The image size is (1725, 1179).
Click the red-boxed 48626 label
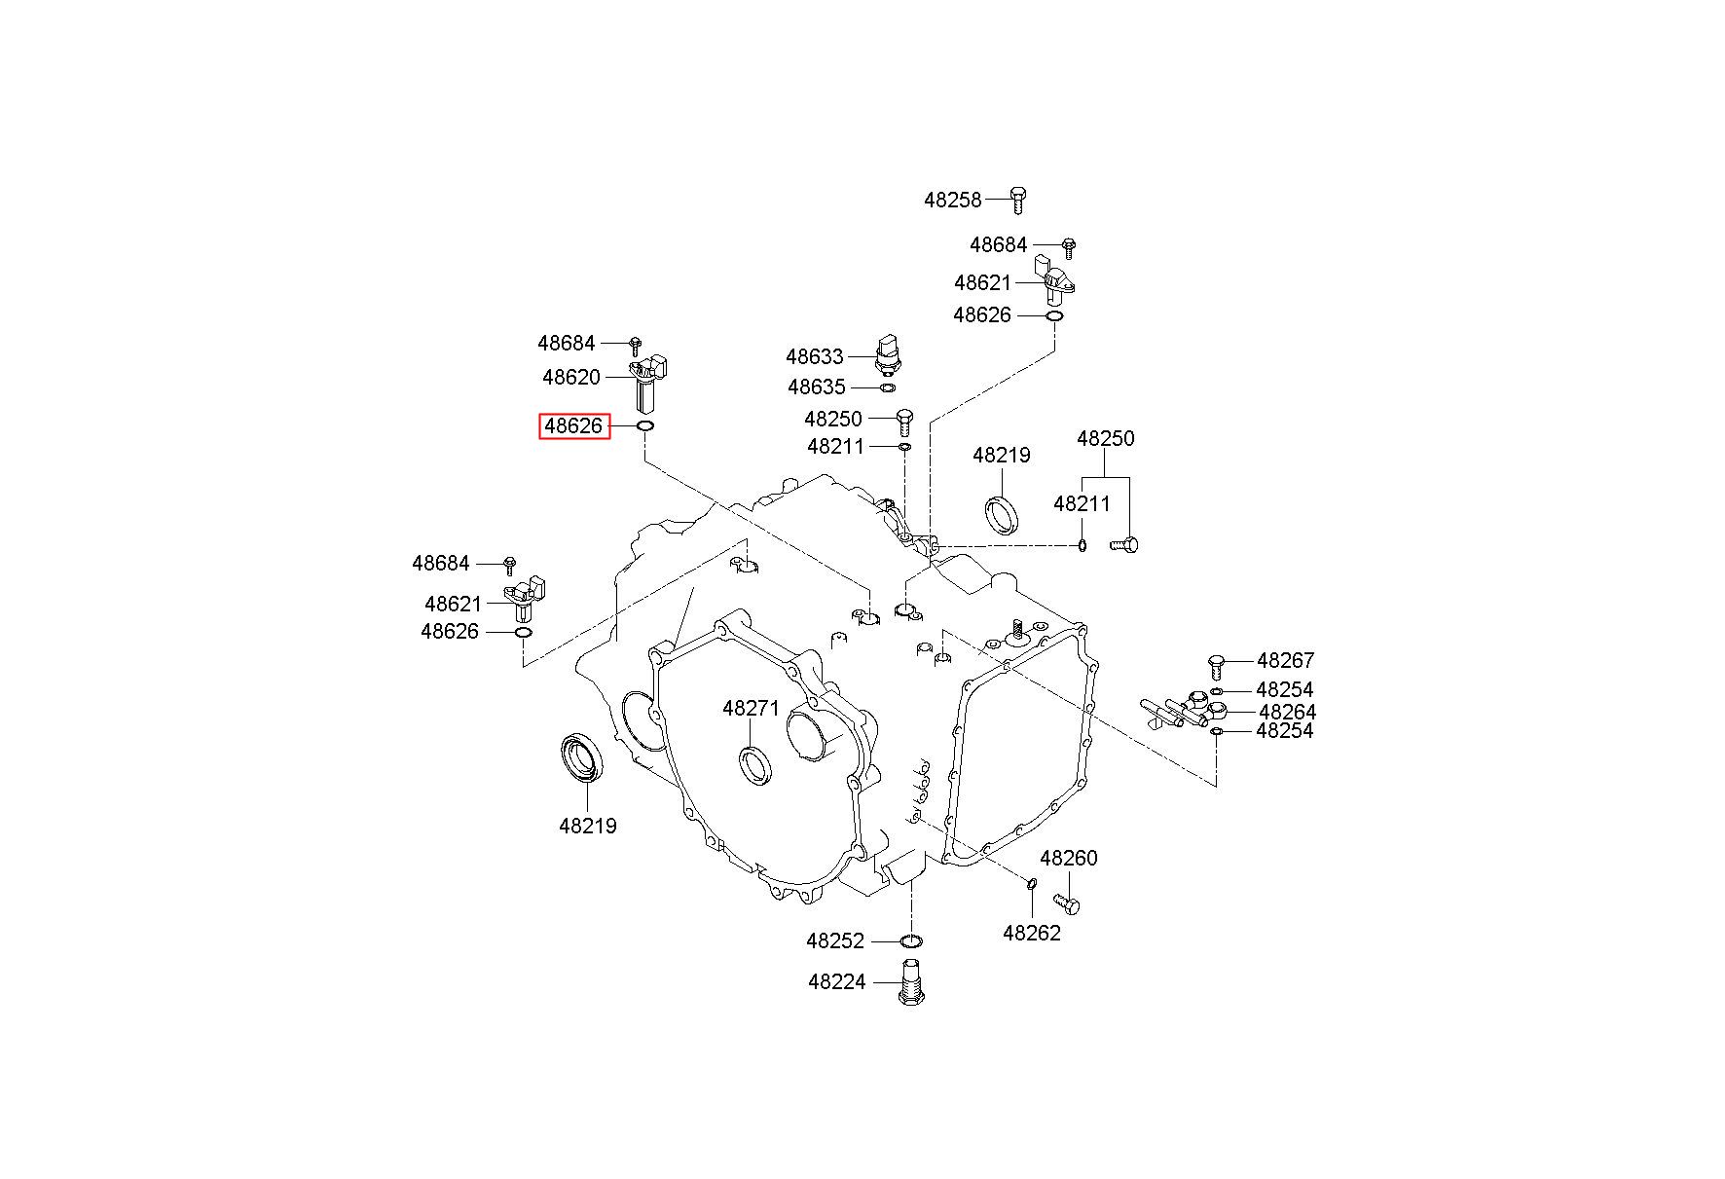point(574,426)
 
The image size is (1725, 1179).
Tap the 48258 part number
point(953,200)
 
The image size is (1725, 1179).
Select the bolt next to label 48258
point(1017,199)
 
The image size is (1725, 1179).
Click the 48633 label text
point(815,356)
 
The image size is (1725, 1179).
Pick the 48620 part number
point(571,377)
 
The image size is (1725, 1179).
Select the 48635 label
point(817,387)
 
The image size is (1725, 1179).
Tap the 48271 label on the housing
point(752,708)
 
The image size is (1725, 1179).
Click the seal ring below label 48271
point(755,763)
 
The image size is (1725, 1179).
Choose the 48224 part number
point(836,981)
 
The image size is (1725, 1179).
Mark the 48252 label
point(835,940)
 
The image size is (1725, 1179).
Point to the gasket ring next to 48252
point(911,940)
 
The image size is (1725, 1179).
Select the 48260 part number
point(1068,858)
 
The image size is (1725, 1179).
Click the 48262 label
point(1032,933)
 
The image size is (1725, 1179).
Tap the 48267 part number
point(1285,661)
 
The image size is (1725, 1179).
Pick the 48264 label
point(1287,712)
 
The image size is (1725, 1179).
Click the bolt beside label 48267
point(1216,665)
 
